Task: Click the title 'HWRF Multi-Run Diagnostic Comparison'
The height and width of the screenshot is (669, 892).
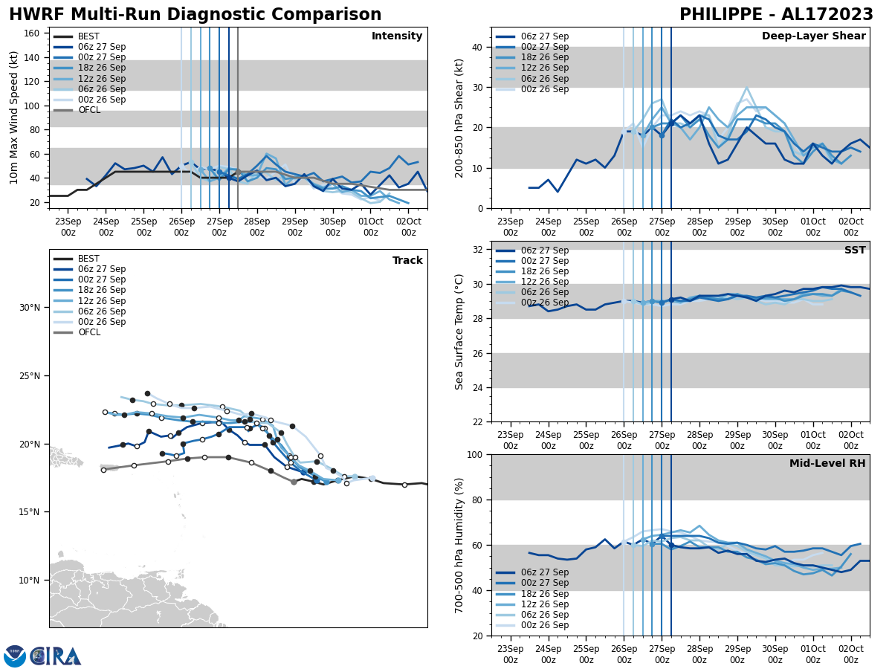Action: [195, 15]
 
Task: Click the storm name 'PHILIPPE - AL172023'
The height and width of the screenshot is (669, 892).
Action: [776, 15]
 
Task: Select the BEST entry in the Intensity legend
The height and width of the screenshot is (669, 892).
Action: [88, 36]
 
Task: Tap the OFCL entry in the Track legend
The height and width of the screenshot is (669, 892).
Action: [89, 332]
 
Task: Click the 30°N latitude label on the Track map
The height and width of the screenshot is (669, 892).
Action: [30, 308]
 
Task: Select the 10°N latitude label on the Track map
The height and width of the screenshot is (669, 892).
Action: [30, 581]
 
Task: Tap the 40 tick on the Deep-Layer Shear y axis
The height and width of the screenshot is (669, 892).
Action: [477, 48]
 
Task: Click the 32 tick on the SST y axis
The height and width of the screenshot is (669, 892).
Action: [477, 250]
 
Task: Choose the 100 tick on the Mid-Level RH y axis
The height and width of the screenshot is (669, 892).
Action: [474, 454]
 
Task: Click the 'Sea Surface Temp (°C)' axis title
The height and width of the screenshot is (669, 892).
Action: [459, 332]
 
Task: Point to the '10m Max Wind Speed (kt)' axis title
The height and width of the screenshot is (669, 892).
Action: [14, 117]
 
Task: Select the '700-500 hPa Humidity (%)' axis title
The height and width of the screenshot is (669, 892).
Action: [459, 545]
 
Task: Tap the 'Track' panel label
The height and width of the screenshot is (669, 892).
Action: [407, 261]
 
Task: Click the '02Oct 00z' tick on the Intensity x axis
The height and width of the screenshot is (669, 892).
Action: [408, 227]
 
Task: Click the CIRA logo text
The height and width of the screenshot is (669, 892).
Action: [56, 656]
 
